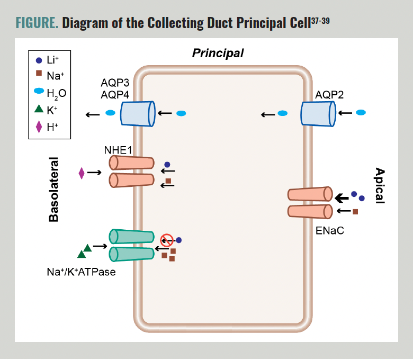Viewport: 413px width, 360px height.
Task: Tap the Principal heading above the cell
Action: point(218,53)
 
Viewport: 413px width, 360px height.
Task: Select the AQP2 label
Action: point(329,95)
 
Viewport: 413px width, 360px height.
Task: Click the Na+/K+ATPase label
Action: point(81,272)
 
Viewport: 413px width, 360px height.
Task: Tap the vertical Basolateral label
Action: point(53,188)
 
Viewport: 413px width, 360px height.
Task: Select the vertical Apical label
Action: point(379,186)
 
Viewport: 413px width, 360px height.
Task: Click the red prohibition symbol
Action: point(167,240)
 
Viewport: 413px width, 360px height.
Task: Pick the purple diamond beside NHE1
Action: point(82,173)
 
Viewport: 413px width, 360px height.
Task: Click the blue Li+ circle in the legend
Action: point(39,60)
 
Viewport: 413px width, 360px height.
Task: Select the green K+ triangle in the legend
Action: point(39,109)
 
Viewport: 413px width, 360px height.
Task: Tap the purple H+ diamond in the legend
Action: point(39,126)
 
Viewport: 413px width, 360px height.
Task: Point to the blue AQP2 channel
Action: point(318,113)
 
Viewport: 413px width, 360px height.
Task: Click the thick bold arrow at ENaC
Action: point(342,197)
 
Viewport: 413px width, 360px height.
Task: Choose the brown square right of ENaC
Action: point(355,212)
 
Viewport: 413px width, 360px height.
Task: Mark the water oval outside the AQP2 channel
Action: point(361,112)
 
